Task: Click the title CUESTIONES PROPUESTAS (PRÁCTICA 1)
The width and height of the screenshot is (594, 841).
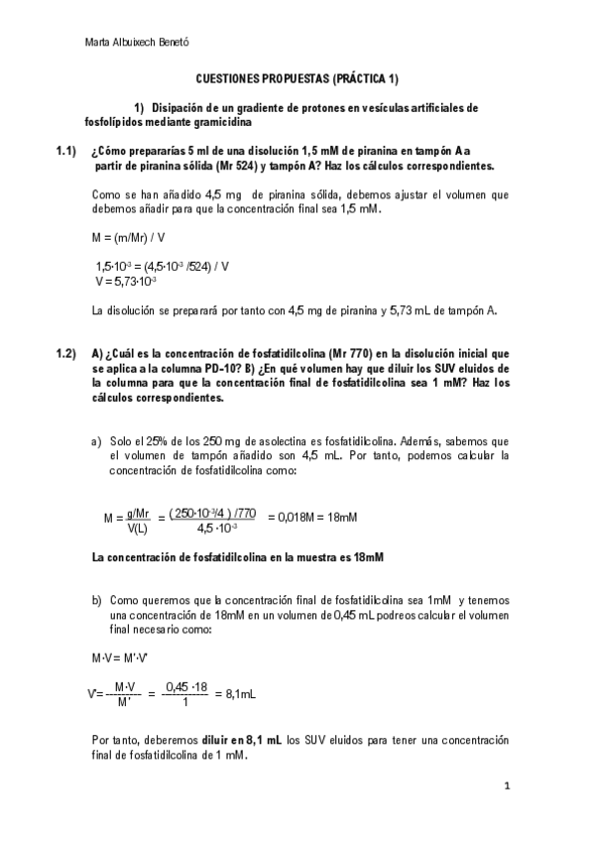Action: click(x=297, y=77)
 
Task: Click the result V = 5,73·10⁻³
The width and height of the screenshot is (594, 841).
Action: click(x=125, y=281)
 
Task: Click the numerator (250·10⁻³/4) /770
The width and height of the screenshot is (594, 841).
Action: click(x=213, y=513)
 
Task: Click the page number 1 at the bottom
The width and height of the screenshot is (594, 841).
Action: click(x=507, y=786)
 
